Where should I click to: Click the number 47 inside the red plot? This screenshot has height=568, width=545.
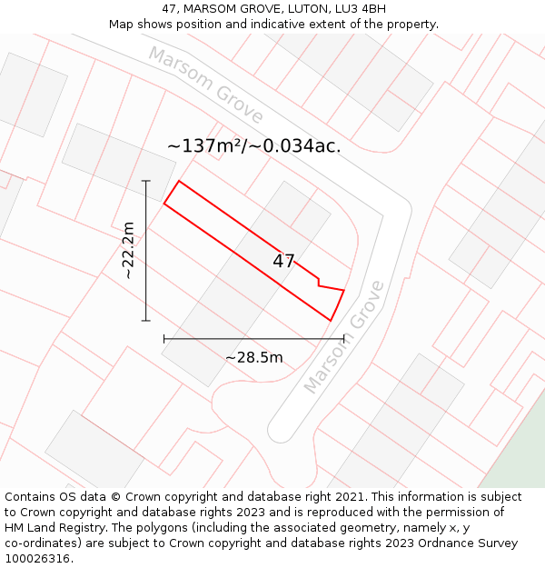pos(283,261)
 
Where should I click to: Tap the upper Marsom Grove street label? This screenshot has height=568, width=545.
pos(206,85)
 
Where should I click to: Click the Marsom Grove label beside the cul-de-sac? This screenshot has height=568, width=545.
pos(344,337)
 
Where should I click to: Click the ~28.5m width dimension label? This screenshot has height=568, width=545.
pos(253,357)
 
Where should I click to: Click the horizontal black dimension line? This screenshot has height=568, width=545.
pos(253,339)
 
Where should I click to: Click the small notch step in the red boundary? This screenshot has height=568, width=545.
pos(318,284)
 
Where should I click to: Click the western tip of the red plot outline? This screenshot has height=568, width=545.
pos(164,203)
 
